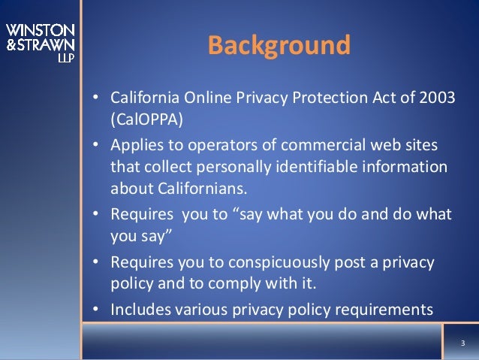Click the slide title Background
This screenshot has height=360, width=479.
tap(279, 46)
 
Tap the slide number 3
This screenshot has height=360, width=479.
tap(462, 346)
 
